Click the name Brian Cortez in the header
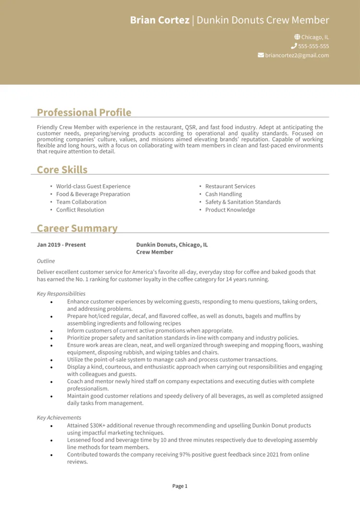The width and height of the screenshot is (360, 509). click(159, 20)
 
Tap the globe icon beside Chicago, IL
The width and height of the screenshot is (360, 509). click(297, 37)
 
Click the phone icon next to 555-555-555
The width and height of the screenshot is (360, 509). click(294, 46)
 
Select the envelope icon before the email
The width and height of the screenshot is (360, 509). click(261, 55)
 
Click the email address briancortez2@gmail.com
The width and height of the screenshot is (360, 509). click(297, 55)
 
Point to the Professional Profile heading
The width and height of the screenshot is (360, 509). click(84, 112)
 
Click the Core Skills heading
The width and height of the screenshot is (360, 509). click(62, 169)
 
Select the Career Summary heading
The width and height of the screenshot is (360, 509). click(77, 228)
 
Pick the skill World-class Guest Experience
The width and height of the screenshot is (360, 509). click(93, 186)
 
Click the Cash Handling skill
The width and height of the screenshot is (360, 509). click(223, 194)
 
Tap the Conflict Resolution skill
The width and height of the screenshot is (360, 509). click(80, 210)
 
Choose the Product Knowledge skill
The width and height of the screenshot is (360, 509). click(230, 210)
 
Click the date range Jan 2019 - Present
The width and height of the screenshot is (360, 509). click(61, 245)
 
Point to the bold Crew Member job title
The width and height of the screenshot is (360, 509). click(155, 252)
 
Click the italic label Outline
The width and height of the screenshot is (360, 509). click(46, 261)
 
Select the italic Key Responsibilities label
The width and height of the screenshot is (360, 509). click(61, 294)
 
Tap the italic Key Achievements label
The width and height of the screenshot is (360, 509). click(59, 417)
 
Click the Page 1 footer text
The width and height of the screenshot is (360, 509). click(180, 486)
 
